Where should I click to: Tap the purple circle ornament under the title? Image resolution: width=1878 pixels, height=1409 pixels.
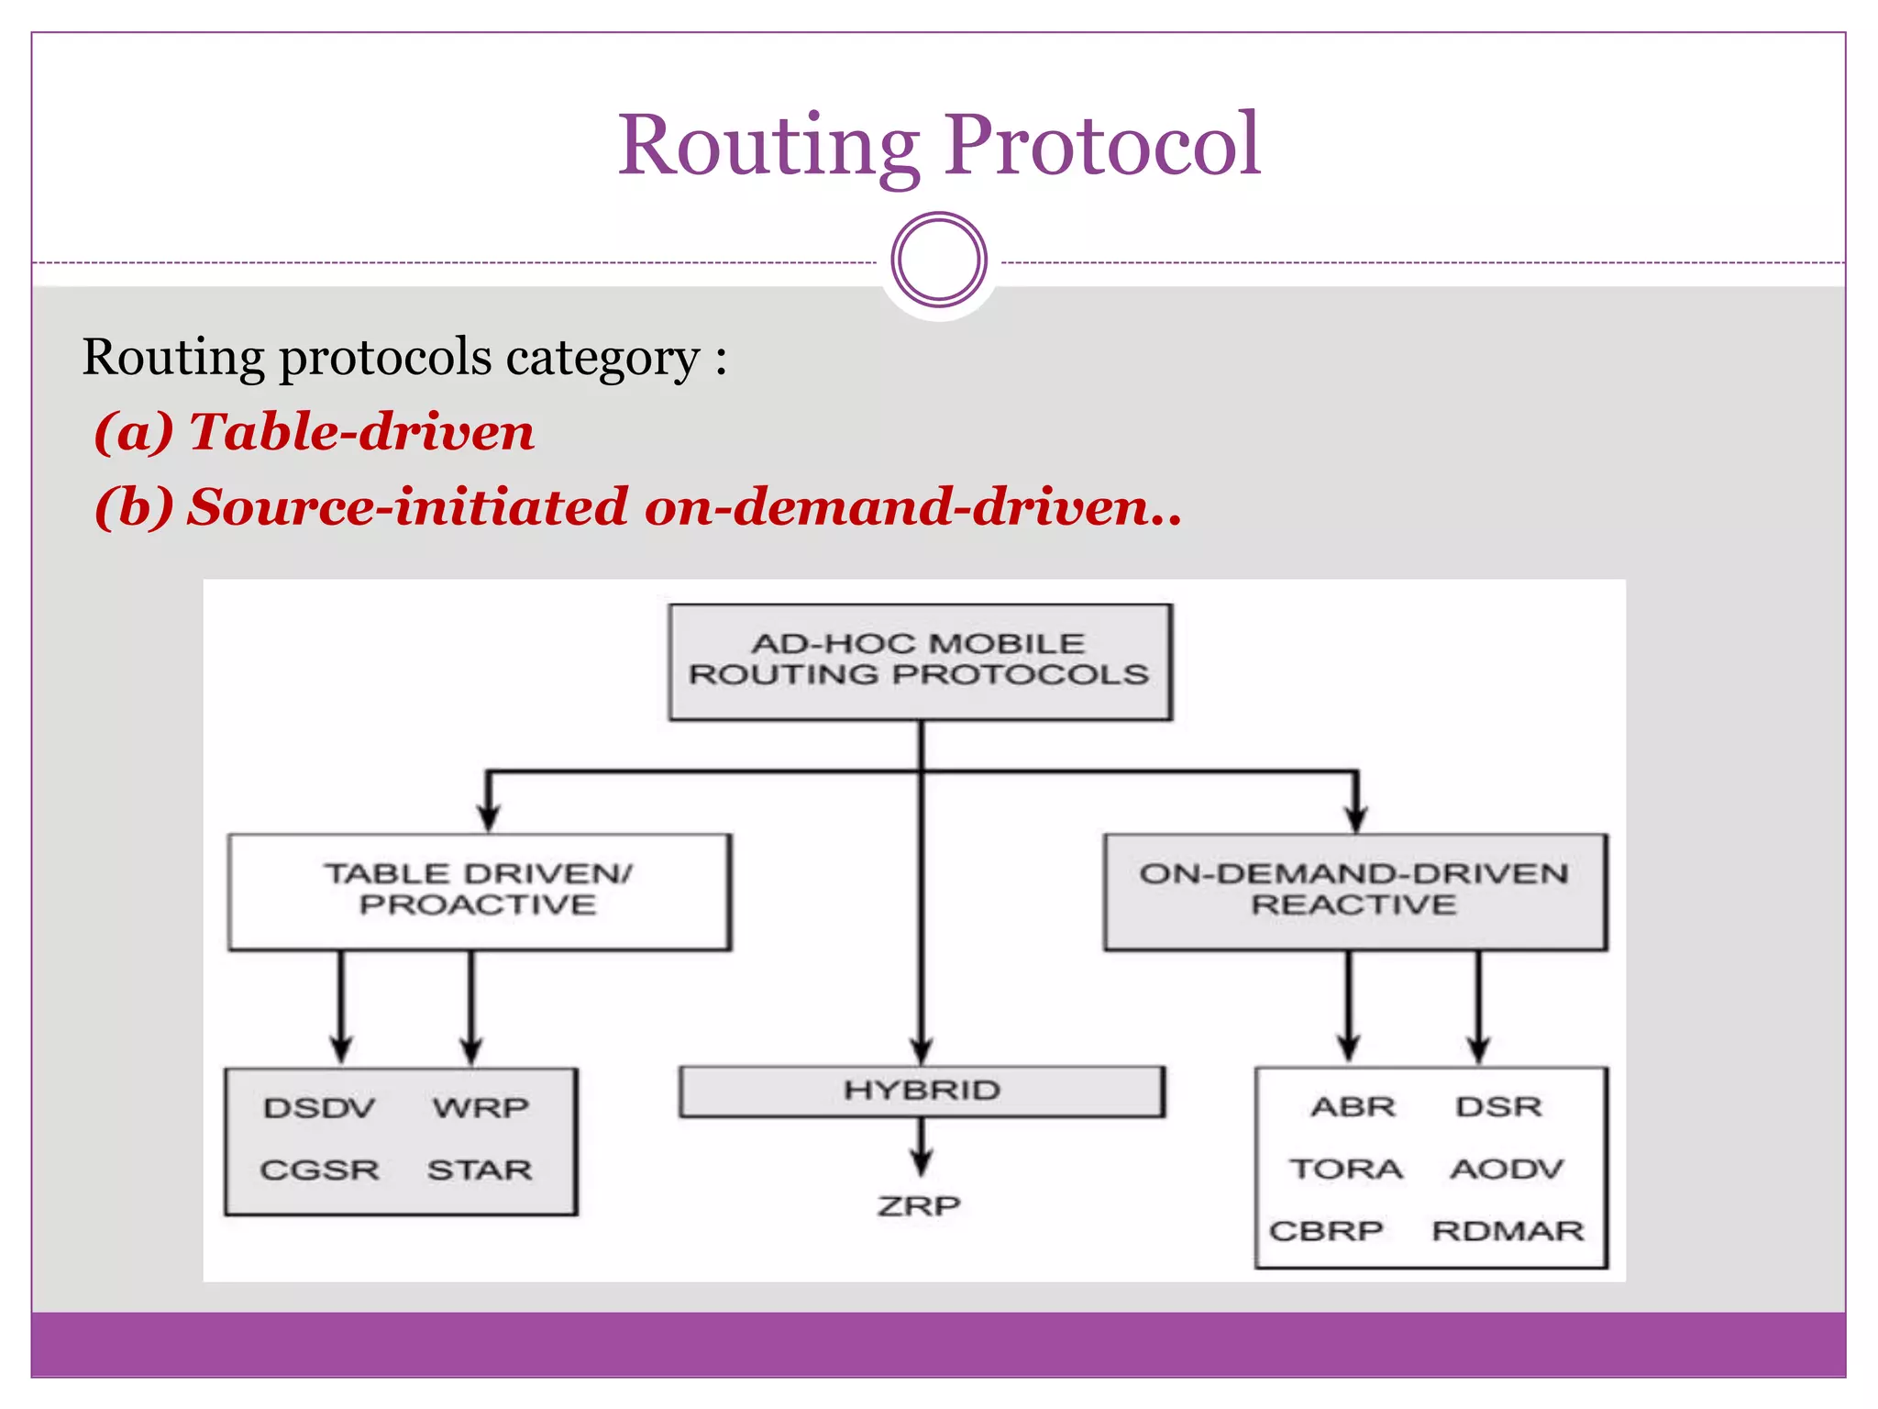coord(939,260)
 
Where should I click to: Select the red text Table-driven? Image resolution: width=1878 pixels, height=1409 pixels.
coord(361,431)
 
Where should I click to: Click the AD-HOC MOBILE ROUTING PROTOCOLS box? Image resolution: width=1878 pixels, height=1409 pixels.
coord(920,661)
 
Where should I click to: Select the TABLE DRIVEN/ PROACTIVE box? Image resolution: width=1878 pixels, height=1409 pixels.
coord(479,891)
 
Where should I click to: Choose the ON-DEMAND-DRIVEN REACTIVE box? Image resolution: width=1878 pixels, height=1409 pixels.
coord(1354,891)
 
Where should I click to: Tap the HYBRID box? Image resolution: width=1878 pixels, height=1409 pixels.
coord(922,1091)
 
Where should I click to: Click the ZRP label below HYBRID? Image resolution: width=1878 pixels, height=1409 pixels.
coord(919,1205)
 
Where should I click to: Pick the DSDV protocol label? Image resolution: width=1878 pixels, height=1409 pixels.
coord(319,1108)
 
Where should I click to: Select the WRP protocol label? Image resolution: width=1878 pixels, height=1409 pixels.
coord(481,1108)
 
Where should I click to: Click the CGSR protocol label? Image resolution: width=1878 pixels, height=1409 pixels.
coord(319,1170)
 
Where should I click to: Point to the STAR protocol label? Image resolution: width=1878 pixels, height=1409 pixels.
coord(480,1170)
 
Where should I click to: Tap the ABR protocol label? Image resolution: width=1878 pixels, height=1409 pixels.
coord(1353,1107)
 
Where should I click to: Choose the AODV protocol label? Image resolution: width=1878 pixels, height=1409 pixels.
coord(1507,1170)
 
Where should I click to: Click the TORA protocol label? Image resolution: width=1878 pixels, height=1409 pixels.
coord(1346,1170)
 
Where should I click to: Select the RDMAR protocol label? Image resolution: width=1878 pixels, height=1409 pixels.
coord(1508,1231)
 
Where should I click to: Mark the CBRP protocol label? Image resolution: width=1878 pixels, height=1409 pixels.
coord(1326,1231)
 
